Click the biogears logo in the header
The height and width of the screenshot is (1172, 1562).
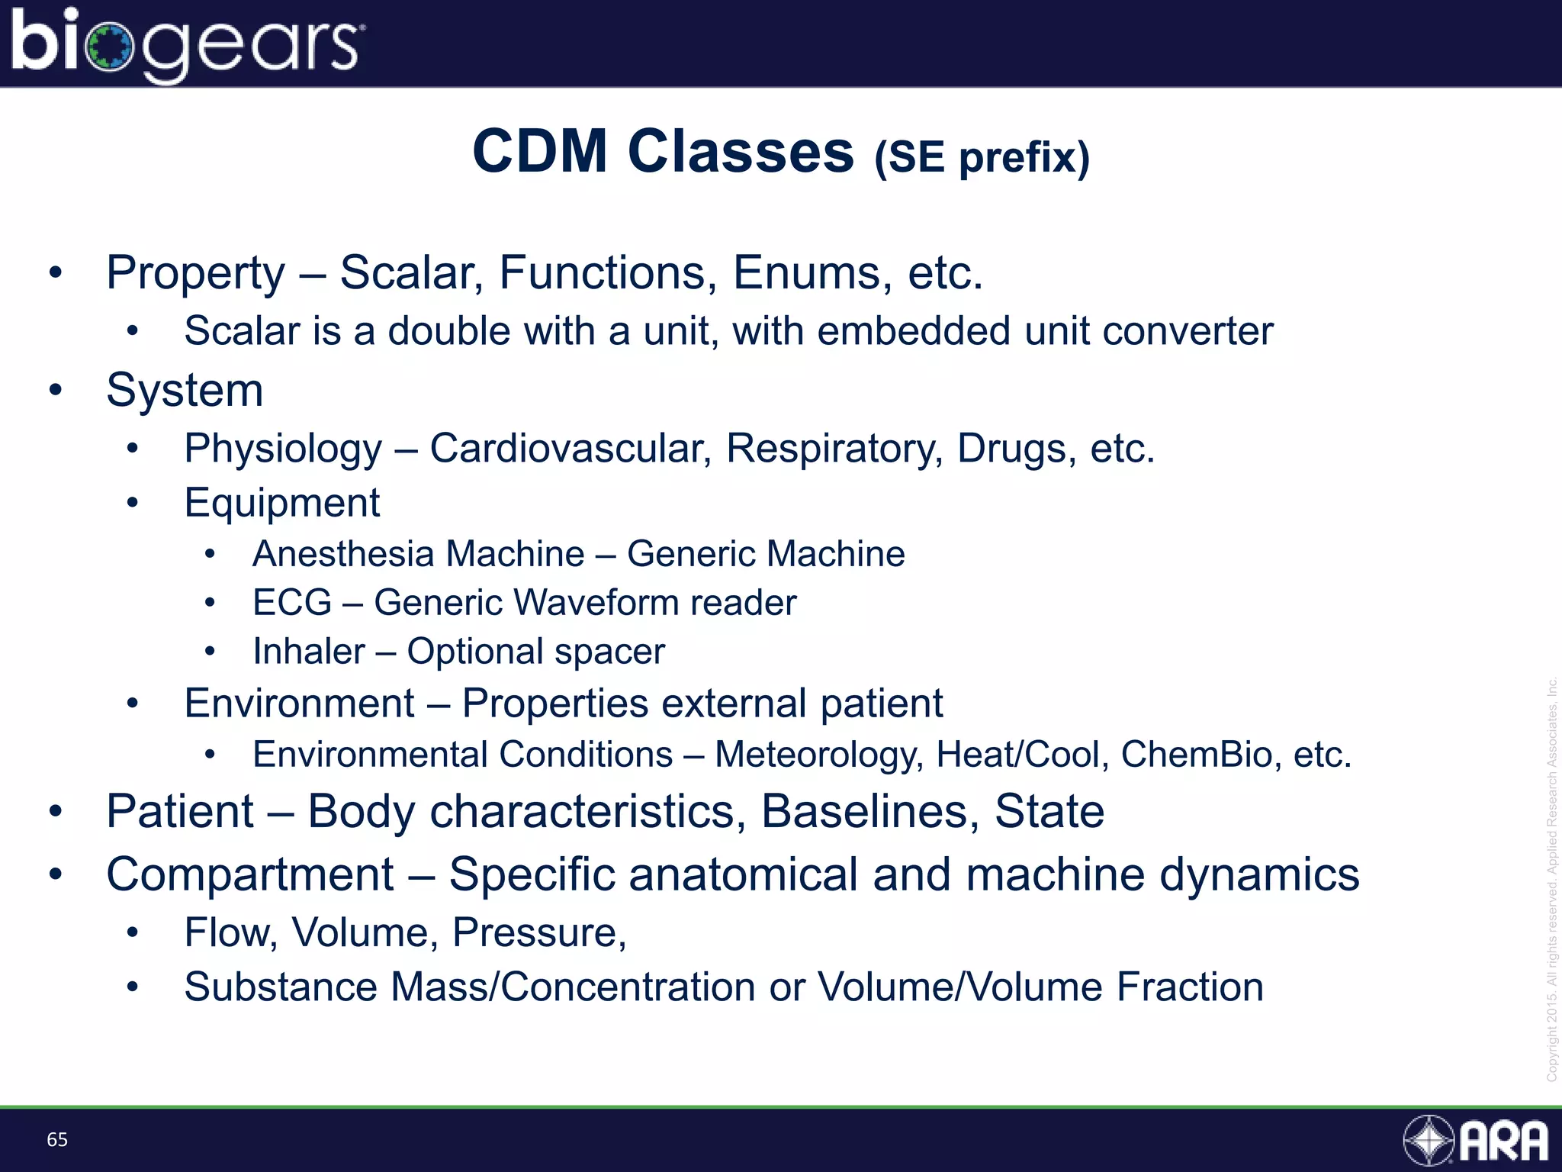tap(186, 44)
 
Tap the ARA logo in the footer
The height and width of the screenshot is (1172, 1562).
tap(1477, 1141)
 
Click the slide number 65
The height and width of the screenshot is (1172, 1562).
tap(57, 1140)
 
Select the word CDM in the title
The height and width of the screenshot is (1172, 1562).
tap(540, 151)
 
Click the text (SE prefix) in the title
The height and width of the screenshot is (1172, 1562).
tap(982, 157)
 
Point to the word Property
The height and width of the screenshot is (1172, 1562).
tap(195, 273)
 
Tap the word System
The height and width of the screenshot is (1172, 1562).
tap(185, 391)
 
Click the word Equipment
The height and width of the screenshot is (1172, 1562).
tap(281, 504)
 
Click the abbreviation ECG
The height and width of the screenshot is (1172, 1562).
tap(292, 603)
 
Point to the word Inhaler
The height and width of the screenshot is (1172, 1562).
tap(309, 652)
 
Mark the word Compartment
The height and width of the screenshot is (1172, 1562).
tap(250, 874)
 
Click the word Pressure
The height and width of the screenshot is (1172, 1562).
tap(538, 932)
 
